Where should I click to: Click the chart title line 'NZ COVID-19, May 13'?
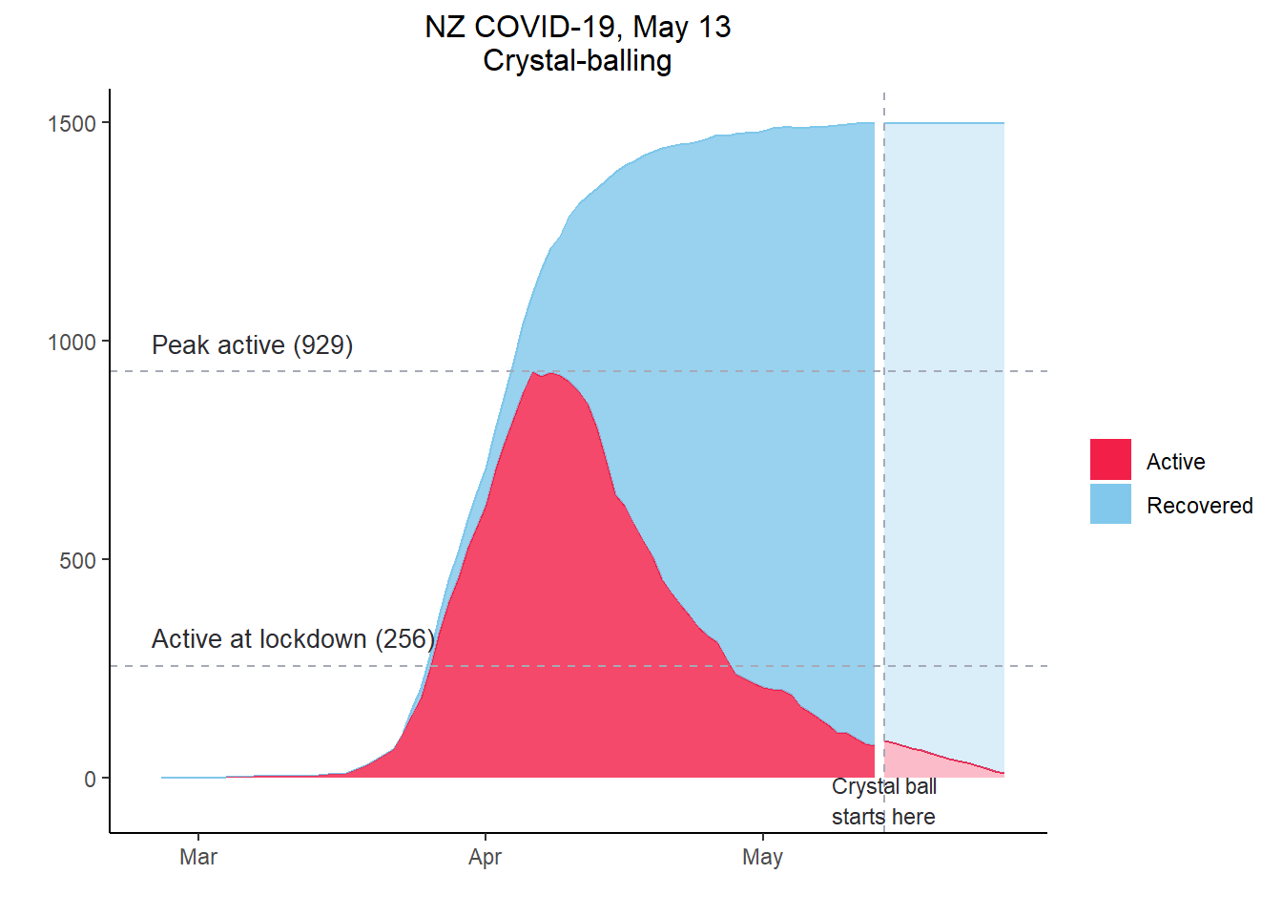point(577,27)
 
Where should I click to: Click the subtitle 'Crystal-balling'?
point(577,60)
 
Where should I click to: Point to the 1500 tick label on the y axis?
point(72,124)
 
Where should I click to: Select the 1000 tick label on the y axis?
point(72,343)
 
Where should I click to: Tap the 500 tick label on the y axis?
point(78,561)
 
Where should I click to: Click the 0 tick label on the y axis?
point(91,780)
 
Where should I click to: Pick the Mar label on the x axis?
point(198,857)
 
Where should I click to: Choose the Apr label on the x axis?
point(485,857)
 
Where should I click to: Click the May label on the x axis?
point(762,857)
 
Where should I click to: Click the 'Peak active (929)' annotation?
point(252,345)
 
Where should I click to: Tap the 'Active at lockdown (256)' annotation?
point(293,639)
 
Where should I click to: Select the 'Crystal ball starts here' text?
point(883,801)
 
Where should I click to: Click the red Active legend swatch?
point(1110,460)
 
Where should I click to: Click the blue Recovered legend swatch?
point(1110,504)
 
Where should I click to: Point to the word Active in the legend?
point(1175,462)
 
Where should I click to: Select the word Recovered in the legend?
point(1199,506)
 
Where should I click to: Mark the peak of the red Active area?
point(533,373)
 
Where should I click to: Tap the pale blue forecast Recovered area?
point(944,429)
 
